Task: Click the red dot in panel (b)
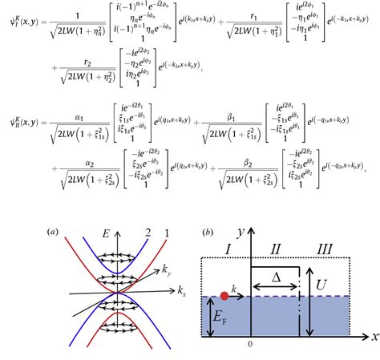pos(224,296)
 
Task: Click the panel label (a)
pos(53,233)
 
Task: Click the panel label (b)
pos(207,233)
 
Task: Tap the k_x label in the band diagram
pos(182,289)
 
